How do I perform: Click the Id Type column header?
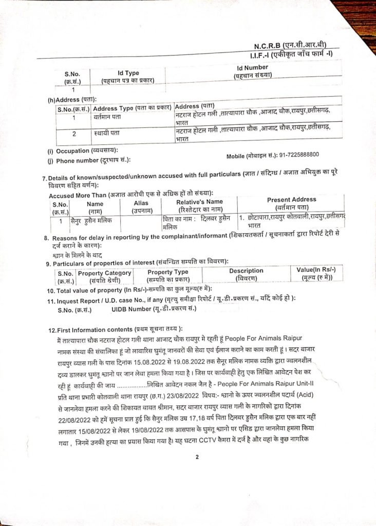[x=128, y=73]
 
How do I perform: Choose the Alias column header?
[x=137, y=203]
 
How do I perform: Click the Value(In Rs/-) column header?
[x=316, y=270]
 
